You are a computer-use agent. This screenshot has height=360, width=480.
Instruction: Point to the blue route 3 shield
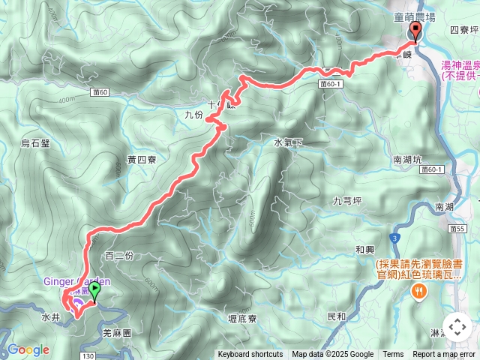(393, 237)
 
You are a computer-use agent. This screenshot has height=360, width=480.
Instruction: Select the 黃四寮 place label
(142, 159)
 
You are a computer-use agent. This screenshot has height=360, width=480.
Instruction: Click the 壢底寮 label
(242, 319)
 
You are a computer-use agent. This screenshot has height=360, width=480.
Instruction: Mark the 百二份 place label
(119, 256)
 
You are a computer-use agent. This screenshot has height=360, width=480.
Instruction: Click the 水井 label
(50, 318)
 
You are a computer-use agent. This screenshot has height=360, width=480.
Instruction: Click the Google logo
(28, 349)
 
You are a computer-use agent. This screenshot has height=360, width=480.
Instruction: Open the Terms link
(393, 355)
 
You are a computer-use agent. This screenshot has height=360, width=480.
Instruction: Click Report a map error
(444, 355)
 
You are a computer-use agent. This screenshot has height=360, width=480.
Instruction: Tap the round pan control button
(457, 326)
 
